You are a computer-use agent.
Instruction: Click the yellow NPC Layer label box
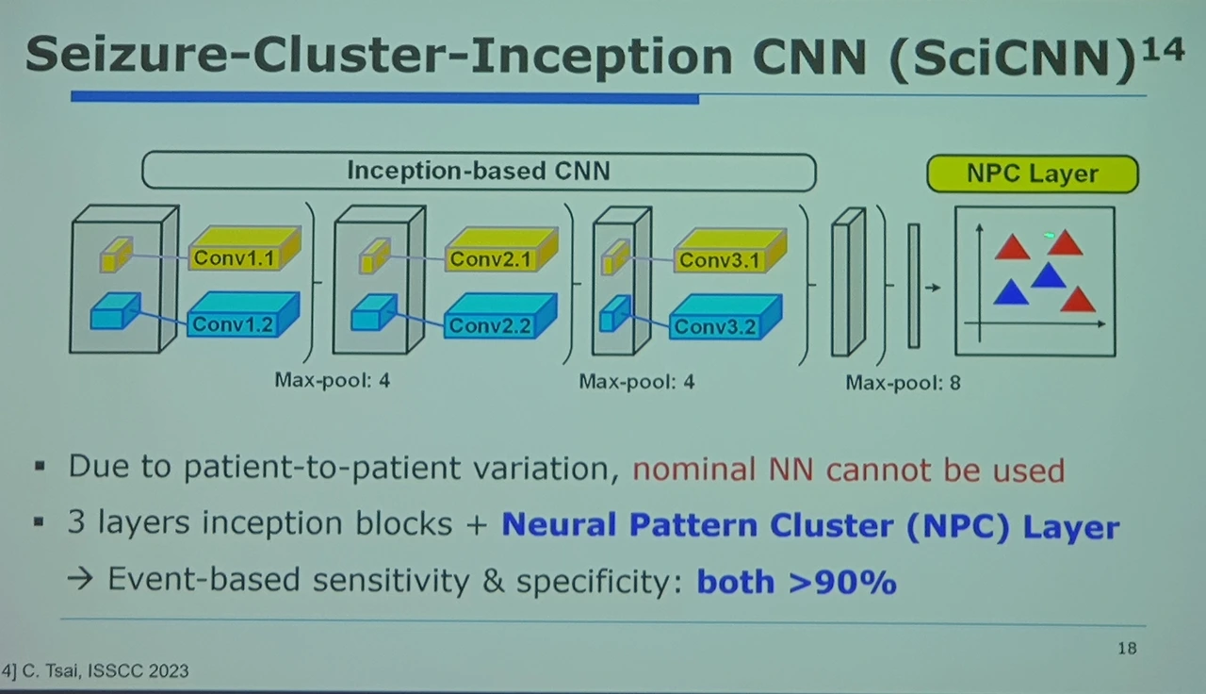pos(1033,174)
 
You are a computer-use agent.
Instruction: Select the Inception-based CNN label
pos(479,171)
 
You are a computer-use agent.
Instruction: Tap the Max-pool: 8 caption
pos(903,383)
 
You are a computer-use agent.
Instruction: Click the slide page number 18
pos(1127,648)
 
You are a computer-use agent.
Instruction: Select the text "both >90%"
pos(796,581)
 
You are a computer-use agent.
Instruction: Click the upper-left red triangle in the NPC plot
pos(1012,248)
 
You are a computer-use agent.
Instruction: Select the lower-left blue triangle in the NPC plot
pos(1009,293)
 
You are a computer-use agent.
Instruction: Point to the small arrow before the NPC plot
pos(932,287)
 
